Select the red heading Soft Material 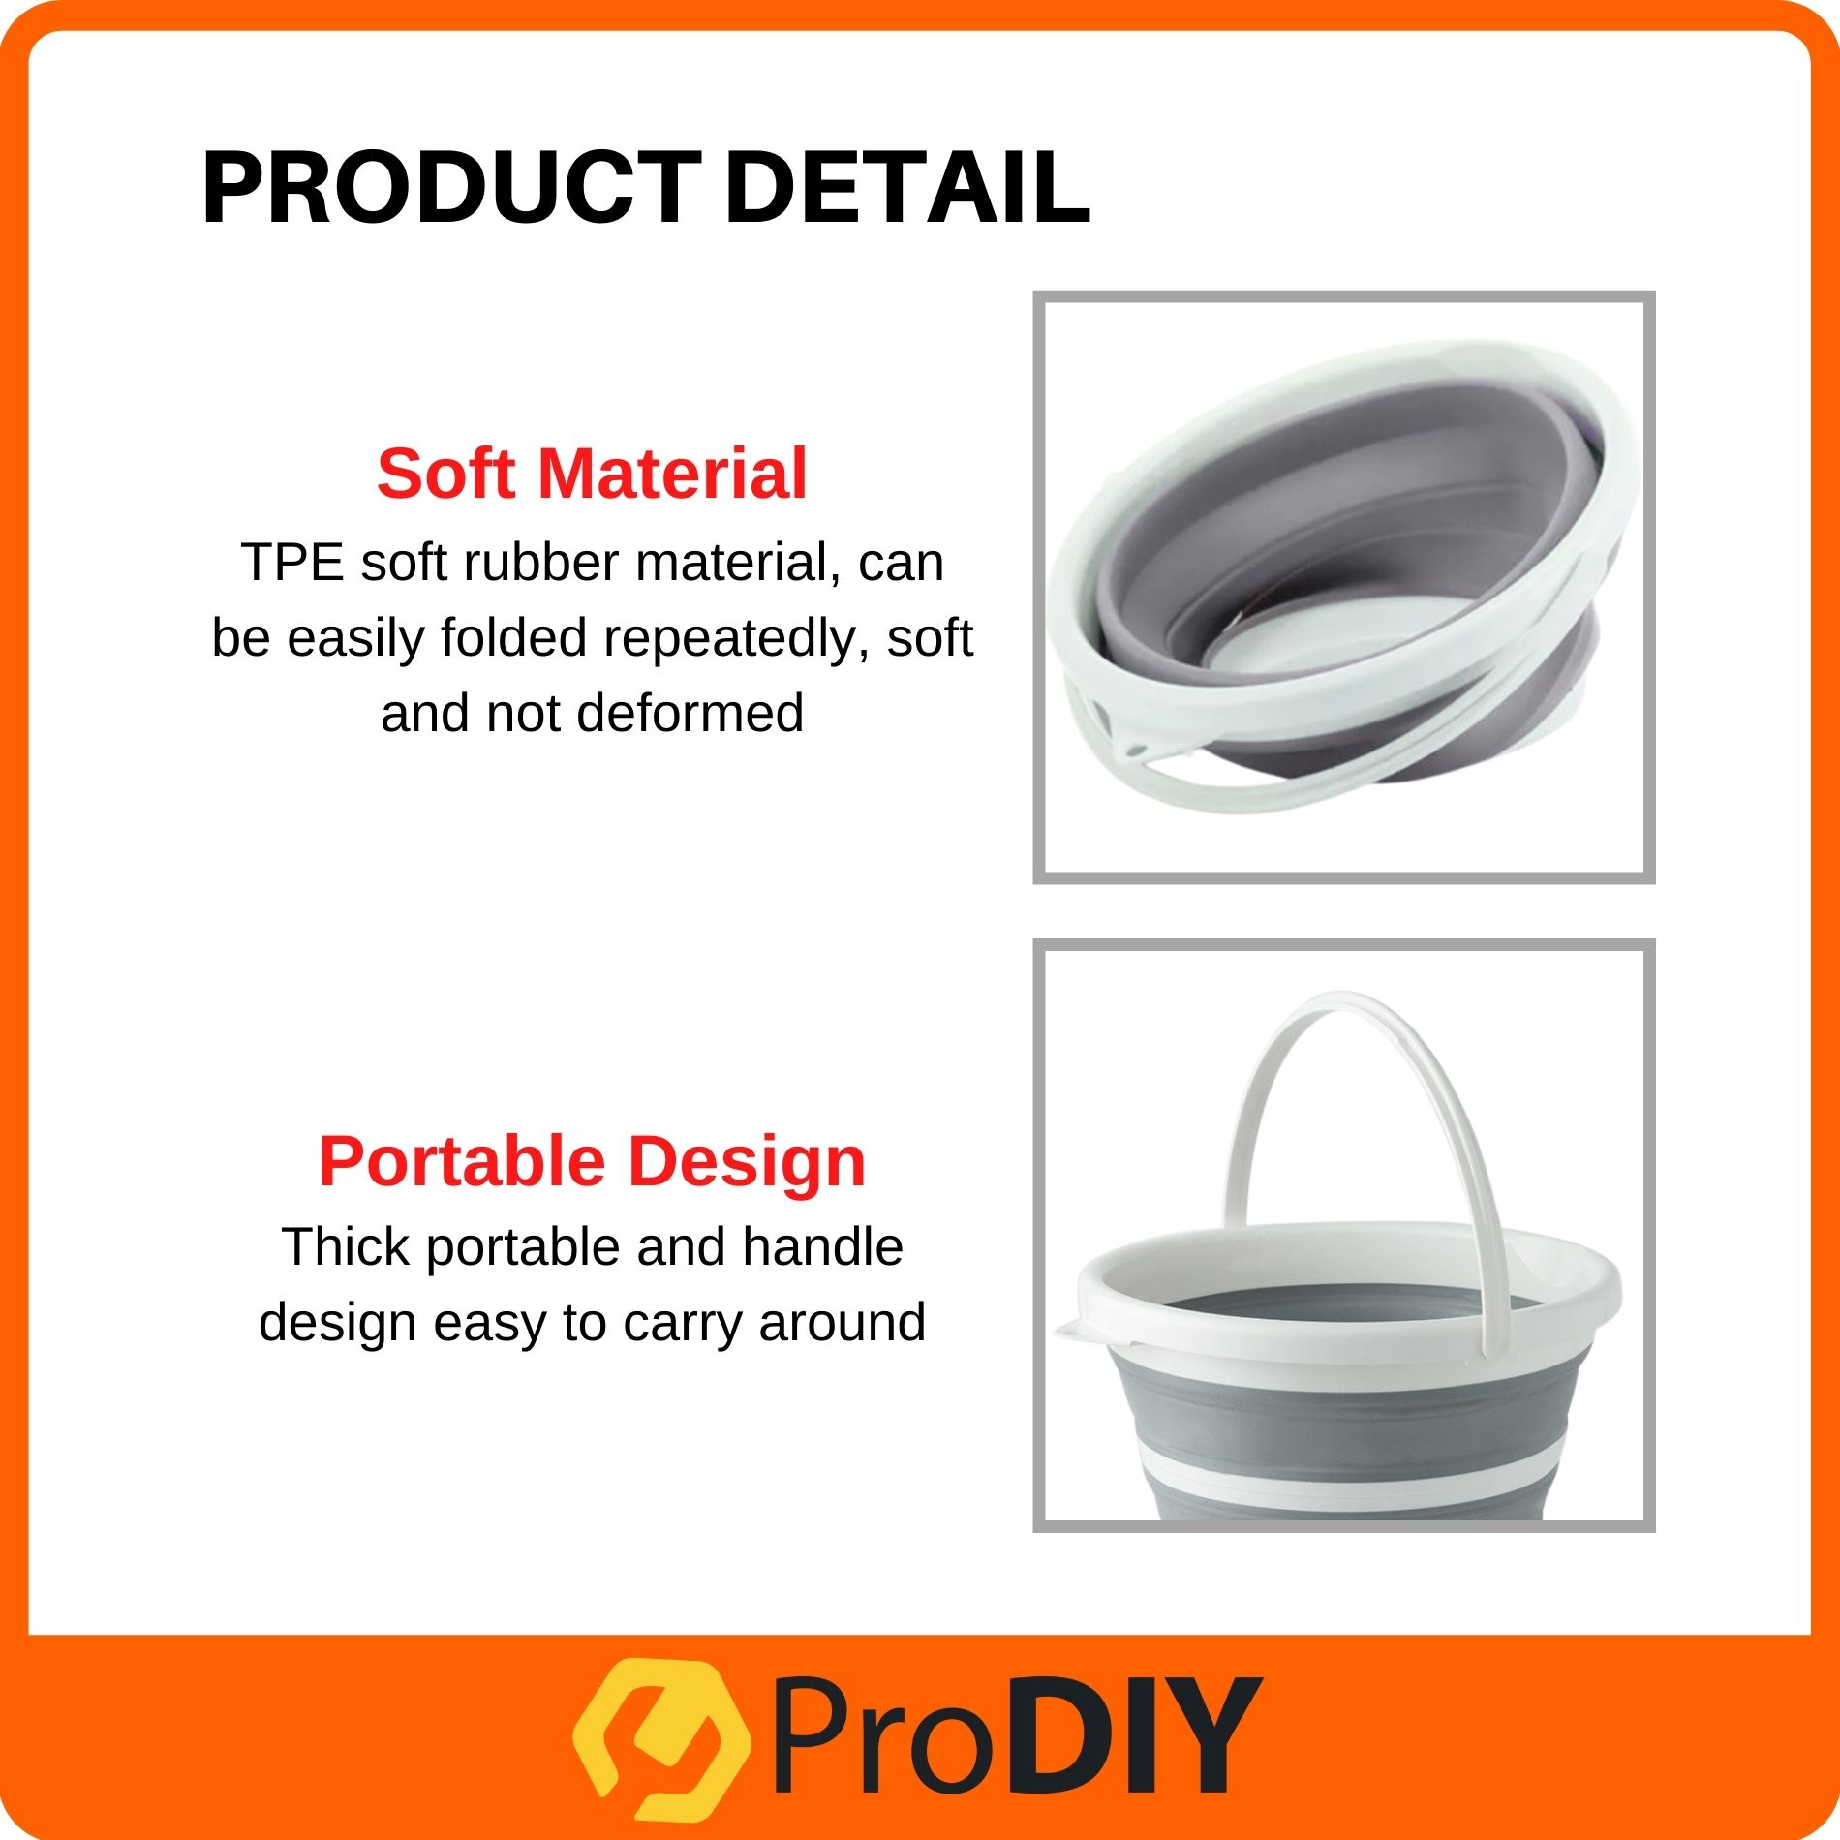point(592,474)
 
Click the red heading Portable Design point(592,1161)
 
